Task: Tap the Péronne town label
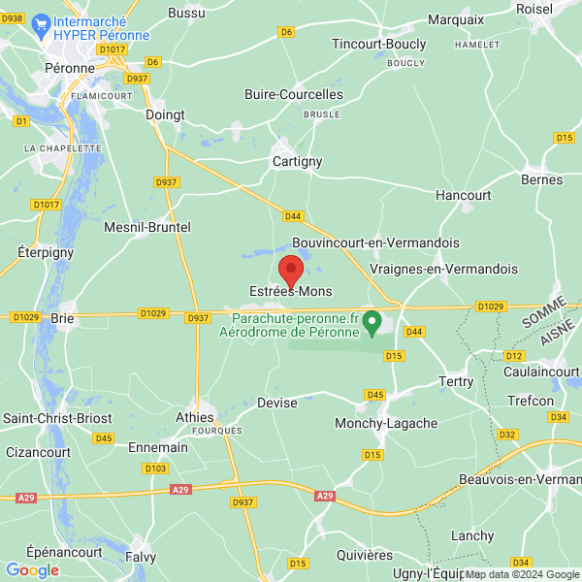(x=70, y=69)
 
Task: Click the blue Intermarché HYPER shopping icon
(x=41, y=23)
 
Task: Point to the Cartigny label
(x=297, y=162)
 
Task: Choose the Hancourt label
(x=463, y=195)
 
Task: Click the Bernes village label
(x=541, y=179)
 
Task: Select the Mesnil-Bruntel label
(x=147, y=227)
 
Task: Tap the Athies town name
(x=194, y=417)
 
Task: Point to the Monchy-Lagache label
(x=386, y=424)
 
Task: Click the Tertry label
(x=456, y=382)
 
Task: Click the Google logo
(x=32, y=570)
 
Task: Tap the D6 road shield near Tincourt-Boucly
(x=286, y=32)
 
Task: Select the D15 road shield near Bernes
(x=566, y=139)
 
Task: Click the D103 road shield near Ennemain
(x=154, y=469)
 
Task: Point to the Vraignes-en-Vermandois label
(x=444, y=269)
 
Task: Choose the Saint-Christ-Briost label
(x=57, y=418)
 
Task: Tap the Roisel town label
(x=534, y=9)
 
